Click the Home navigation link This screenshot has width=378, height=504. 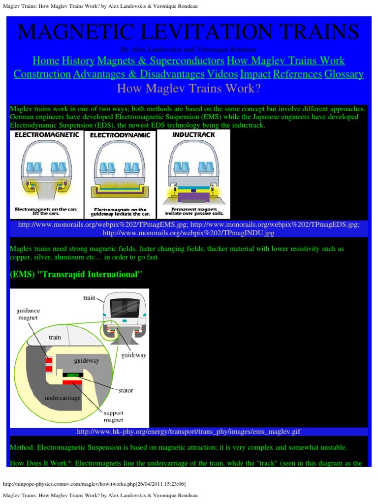[x=46, y=61]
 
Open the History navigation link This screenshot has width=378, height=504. [x=78, y=61]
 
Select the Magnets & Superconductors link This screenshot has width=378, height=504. [x=161, y=61]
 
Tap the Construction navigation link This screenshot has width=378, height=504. [x=42, y=74]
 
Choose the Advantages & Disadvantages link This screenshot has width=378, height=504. [x=139, y=74]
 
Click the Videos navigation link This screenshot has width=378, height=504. [x=222, y=74]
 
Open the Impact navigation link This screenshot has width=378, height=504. [x=255, y=74]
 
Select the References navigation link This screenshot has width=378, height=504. [x=297, y=74]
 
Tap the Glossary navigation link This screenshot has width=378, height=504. [x=344, y=74]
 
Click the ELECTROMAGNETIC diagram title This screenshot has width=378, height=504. [x=47, y=135]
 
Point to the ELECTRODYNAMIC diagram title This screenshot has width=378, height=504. [x=120, y=135]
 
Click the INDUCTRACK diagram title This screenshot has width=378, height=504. [x=193, y=134]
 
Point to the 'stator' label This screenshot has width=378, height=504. [x=125, y=390]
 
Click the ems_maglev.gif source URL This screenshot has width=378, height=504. [x=189, y=432]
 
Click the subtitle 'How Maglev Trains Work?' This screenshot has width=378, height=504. [x=189, y=89]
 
